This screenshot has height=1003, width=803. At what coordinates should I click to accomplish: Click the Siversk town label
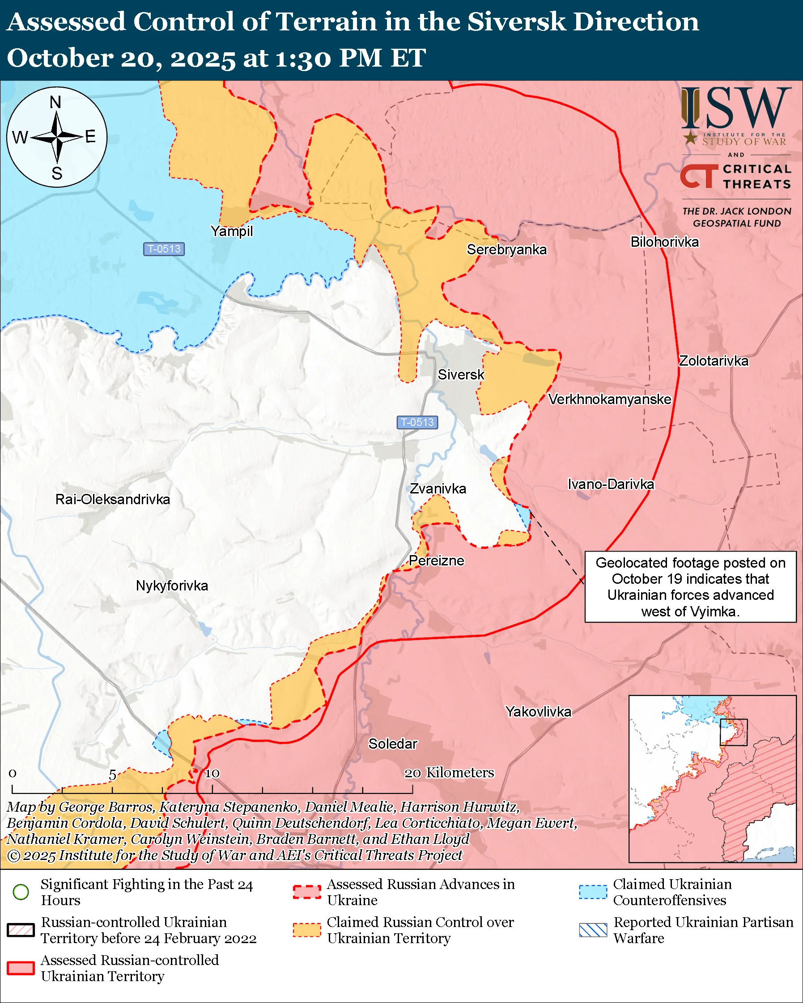pos(461,375)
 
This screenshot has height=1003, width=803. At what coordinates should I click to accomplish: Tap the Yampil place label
pos(231,231)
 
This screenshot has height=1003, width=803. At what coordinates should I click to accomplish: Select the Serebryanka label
pos(506,249)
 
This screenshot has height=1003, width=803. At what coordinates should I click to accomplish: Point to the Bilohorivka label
pos(664,242)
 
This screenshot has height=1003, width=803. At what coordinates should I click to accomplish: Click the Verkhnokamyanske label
pos(609,399)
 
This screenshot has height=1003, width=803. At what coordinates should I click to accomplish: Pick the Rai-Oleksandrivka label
pos(113,499)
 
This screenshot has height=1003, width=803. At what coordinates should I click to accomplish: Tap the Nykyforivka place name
pos(172,585)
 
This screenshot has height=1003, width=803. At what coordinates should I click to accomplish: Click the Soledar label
pos(393,743)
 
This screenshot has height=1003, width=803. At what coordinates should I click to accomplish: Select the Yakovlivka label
pos(538,711)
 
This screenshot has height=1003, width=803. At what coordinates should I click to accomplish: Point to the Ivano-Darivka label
pos(611,484)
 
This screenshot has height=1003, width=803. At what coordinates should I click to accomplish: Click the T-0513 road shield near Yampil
pos(164,249)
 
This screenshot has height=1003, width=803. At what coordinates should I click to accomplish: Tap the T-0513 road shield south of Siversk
pos(417,422)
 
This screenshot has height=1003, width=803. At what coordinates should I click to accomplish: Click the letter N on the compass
pos(55,102)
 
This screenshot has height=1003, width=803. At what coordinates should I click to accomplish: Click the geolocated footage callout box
pos(690,586)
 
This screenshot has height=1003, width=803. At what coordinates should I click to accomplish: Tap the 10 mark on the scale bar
pos(212,774)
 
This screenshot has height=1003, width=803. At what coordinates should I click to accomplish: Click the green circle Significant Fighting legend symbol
pos(21,892)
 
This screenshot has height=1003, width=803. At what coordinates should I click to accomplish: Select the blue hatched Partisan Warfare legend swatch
pos(593,930)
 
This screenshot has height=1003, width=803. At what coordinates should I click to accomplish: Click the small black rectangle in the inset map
pos(734,732)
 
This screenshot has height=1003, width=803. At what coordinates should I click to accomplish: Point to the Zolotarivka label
pos(714,361)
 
